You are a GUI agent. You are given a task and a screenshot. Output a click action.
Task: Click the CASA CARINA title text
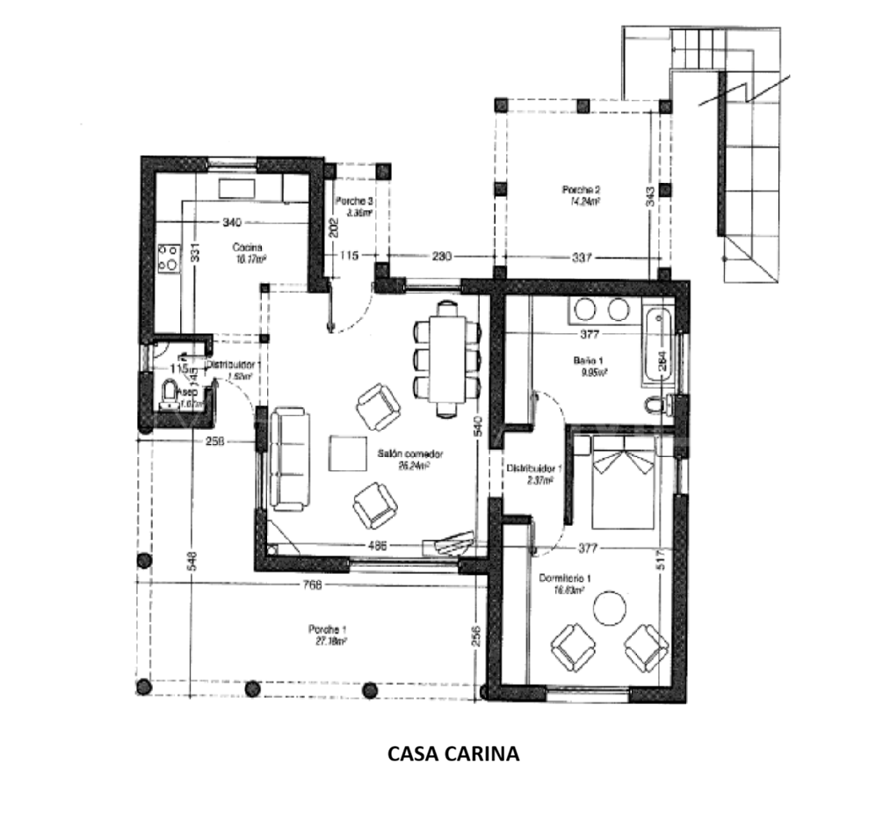[x=453, y=753]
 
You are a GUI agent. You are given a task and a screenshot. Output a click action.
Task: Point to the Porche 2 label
[x=580, y=190]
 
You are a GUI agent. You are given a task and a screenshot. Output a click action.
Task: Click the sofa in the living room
[x=288, y=459]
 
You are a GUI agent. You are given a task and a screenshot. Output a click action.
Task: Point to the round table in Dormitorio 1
[x=607, y=608]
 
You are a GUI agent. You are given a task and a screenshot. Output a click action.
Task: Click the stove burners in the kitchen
[x=167, y=258]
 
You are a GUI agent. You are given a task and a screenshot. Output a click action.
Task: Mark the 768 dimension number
[x=313, y=585]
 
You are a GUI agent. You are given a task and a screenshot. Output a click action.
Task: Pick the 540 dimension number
[x=477, y=426]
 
